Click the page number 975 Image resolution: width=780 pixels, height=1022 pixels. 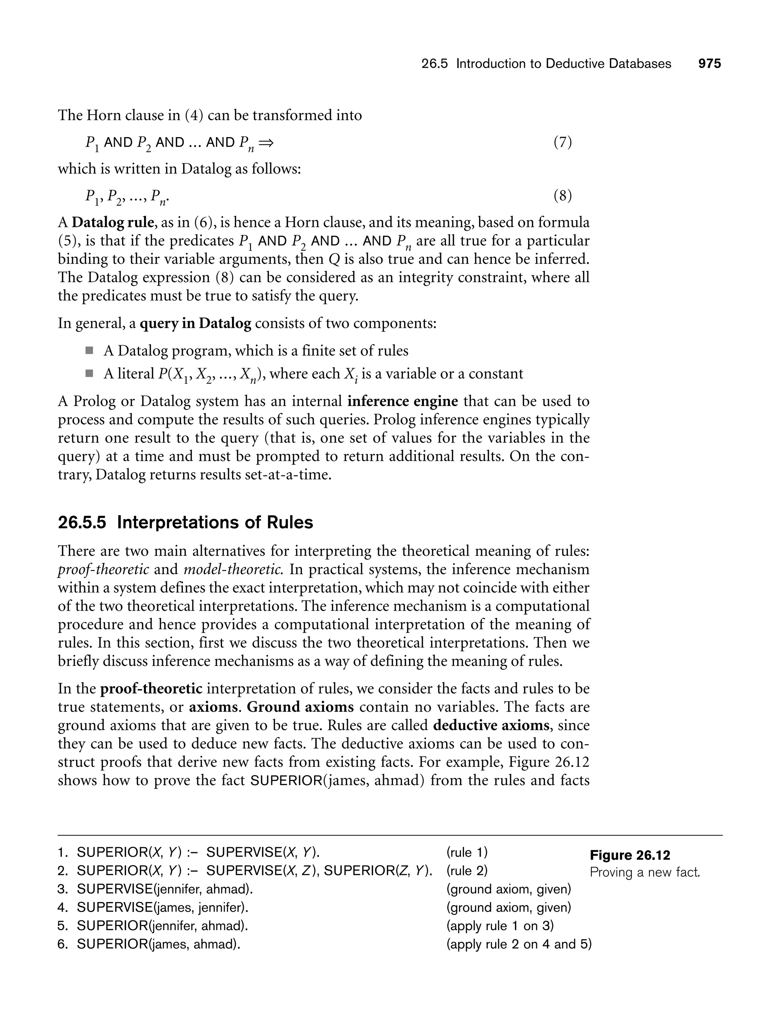pos(710,64)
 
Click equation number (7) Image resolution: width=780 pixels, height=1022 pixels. pos(562,142)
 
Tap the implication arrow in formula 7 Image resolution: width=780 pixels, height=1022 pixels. pos(266,142)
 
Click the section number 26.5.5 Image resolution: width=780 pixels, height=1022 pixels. pos(82,522)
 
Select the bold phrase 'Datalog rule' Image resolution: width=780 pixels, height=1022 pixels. pos(112,222)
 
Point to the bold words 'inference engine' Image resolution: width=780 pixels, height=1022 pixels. pos(403,401)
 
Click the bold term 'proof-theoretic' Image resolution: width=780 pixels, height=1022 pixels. pos(151,688)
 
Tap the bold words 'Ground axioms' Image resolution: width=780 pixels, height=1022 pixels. pos(300,707)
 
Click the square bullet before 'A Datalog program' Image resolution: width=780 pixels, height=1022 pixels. pos(89,350)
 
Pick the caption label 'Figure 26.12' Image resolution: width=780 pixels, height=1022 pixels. pos(630,855)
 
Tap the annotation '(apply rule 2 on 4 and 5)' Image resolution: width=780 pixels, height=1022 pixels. pos(519,944)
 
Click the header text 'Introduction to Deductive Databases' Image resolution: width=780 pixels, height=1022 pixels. pos(563,64)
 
